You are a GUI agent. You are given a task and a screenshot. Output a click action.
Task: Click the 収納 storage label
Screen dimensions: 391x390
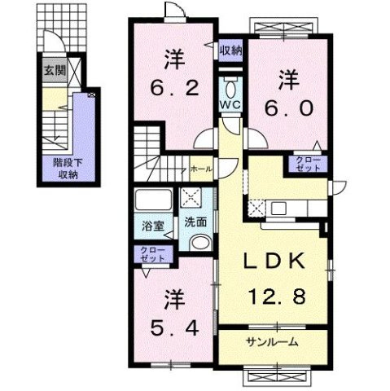(231, 51)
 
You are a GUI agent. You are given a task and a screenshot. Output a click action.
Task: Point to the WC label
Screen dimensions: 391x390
(229, 105)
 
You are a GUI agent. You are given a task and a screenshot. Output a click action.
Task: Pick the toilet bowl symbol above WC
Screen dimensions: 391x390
(230, 88)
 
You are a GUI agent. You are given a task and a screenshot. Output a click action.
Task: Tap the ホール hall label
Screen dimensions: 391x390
(199, 169)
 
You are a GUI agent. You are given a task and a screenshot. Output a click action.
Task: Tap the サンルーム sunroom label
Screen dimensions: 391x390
(273, 341)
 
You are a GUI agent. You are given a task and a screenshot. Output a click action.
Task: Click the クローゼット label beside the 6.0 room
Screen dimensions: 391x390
(308, 163)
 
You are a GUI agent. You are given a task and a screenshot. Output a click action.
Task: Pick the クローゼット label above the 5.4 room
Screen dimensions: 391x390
(152, 253)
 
